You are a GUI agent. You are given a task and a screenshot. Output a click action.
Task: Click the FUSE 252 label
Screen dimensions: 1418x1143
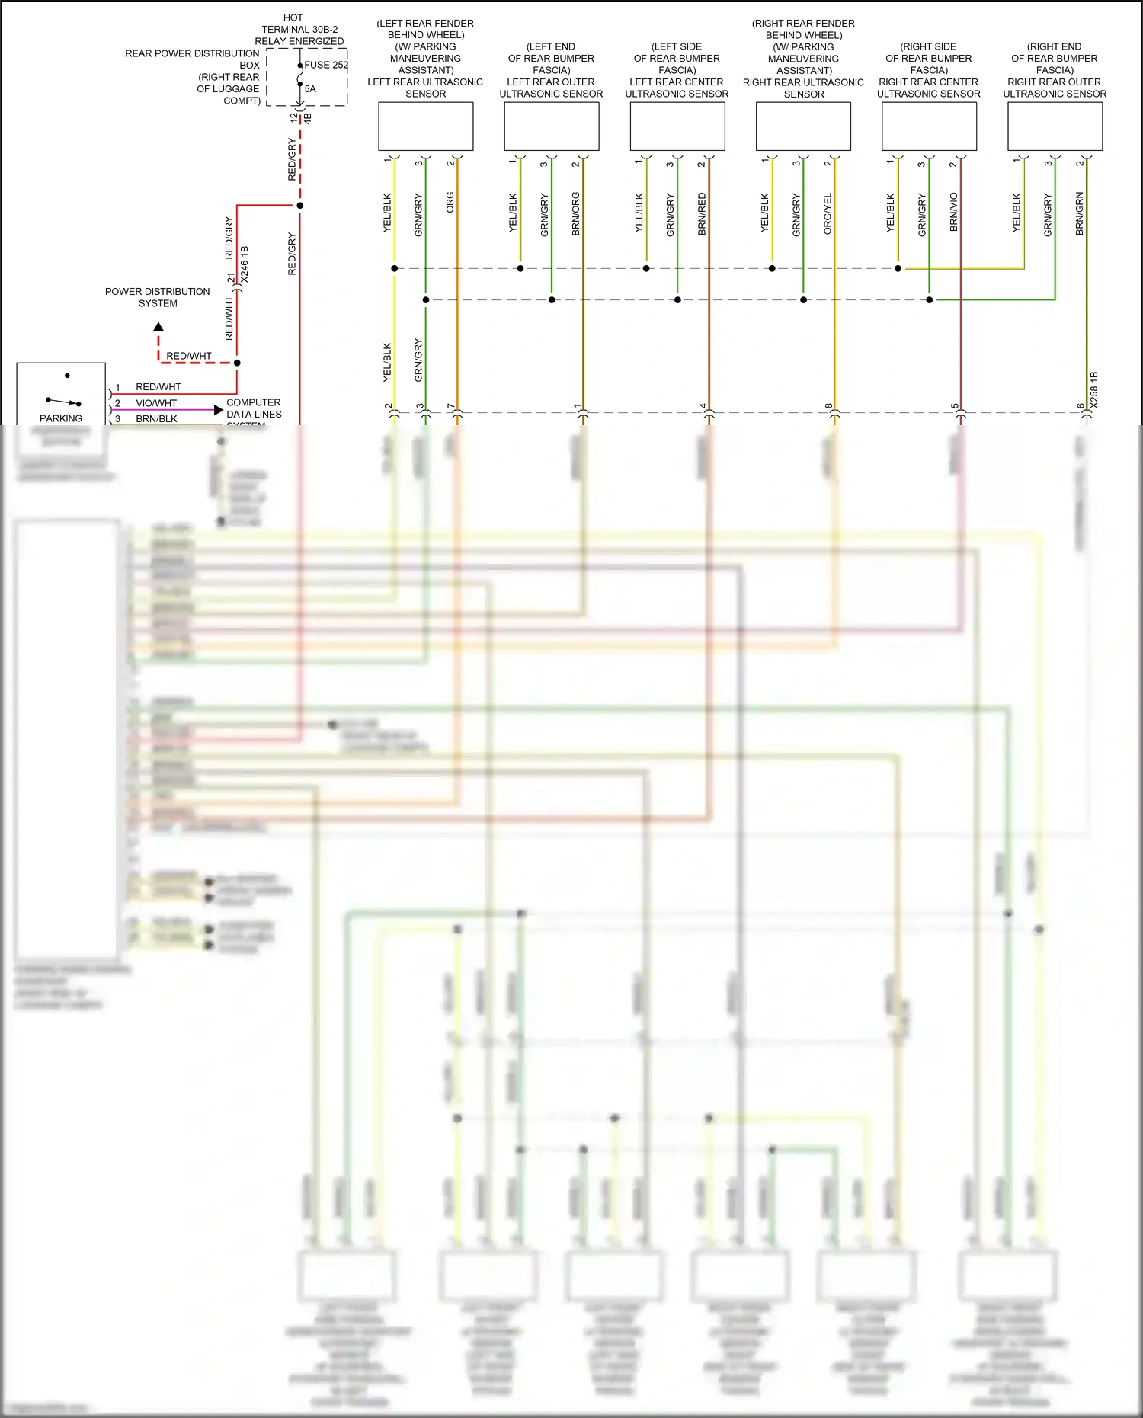pyautogui.click(x=326, y=65)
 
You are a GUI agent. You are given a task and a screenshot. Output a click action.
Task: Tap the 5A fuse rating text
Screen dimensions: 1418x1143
pyautogui.click(x=310, y=89)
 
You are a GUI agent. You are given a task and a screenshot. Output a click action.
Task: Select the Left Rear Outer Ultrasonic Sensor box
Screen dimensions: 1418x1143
pyautogui.click(x=551, y=126)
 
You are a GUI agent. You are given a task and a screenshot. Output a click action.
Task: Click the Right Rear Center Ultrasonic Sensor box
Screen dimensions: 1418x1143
pyautogui.click(x=929, y=126)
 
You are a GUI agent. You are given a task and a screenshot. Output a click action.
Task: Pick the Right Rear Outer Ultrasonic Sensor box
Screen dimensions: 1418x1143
pyautogui.click(x=1055, y=126)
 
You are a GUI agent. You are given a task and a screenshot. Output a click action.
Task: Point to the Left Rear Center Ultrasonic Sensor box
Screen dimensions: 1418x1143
pyautogui.click(x=677, y=126)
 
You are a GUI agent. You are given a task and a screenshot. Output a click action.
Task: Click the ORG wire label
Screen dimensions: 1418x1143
pyautogui.click(x=450, y=203)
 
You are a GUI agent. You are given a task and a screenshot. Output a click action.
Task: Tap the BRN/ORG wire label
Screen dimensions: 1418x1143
pyautogui.click(x=576, y=213)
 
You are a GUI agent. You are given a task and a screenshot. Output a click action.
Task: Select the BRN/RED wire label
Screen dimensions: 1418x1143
pyautogui.click(x=702, y=213)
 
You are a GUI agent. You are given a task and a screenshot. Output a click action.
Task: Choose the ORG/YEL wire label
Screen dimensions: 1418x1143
pyautogui.click(x=828, y=213)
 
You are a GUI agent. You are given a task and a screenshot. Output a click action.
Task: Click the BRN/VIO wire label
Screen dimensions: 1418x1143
pyautogui.click(x=954, y=212)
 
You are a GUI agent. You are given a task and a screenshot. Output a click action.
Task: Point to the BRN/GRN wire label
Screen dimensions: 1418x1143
pyautogui.click(x=1080, y=213)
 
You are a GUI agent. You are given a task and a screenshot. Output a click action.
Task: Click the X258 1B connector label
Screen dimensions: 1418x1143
pyautogui.click(x=1094, y=390)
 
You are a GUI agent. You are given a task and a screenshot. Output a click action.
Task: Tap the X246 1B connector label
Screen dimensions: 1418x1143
pyautogui.click(x=245, y=264)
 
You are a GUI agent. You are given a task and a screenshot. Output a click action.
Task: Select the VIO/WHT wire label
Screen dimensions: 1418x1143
pyautogui.click(x=156, y=403)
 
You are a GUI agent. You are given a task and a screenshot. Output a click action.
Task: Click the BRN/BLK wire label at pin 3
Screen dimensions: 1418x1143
pyautogui.click(x=156, y=419)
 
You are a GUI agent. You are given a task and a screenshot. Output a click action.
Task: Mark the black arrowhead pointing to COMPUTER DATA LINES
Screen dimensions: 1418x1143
pyautogui.click(x=219, y=410)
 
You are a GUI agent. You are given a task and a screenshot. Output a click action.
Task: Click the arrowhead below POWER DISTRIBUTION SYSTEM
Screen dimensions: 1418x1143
pyautogui.click(x=158, y=327)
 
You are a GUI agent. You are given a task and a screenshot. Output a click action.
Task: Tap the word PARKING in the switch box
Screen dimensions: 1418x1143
pyautogui.click(x=61, y=418)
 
